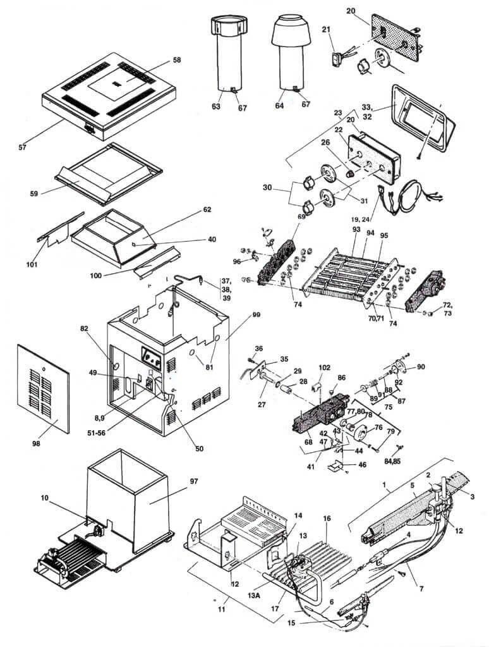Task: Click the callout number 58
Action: pyautogui.click(x=177, y=59)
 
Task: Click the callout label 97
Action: pyautogui.click(x=193, y=481)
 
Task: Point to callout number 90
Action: pyautogui.click(x=421, y=367)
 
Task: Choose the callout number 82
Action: pyautogui.click(x=83, y=328)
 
